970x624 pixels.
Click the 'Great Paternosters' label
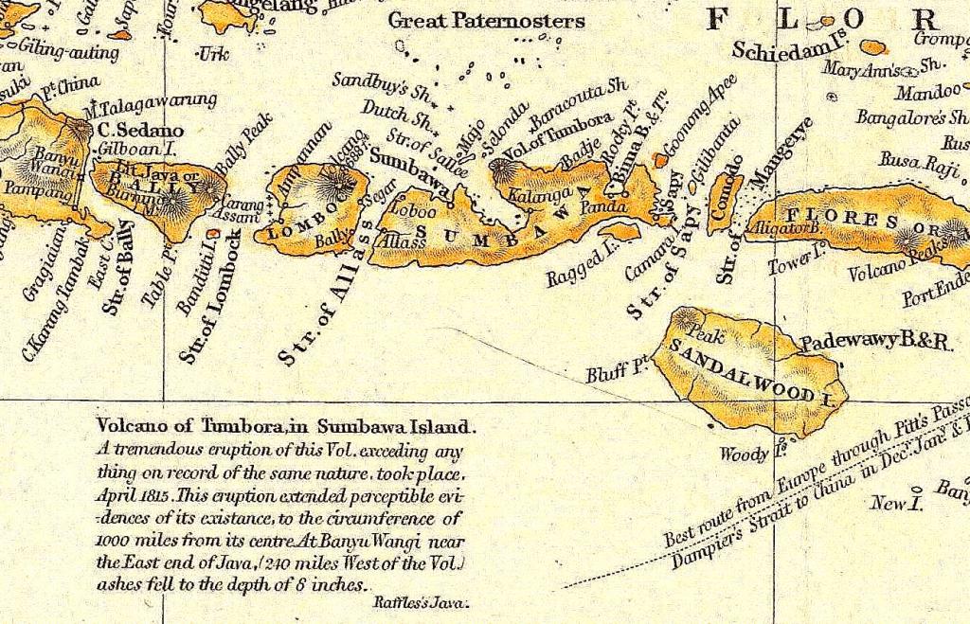487,20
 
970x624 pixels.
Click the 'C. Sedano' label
140,130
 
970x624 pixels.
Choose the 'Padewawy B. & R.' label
875,342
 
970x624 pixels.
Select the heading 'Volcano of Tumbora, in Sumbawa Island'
280,427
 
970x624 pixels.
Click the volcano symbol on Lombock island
332,181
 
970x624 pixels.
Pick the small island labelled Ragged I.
620,231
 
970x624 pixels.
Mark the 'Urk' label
214,54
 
